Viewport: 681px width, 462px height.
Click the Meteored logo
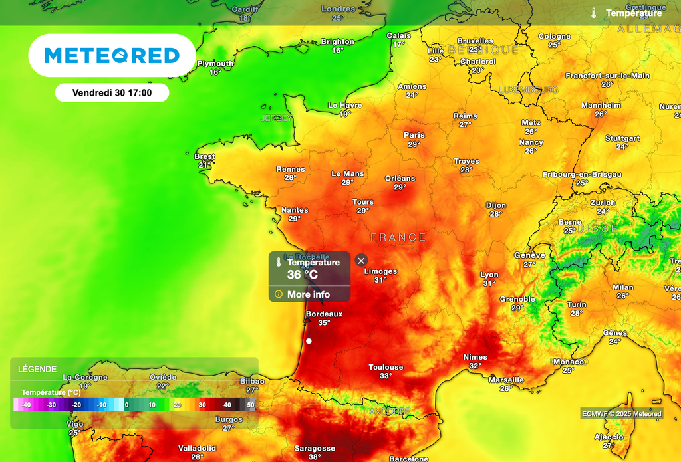pos(112,55)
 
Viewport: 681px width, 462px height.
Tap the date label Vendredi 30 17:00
pos(112,93)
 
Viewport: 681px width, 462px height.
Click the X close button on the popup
pos(361,260)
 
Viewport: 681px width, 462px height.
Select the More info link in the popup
pos(309,294)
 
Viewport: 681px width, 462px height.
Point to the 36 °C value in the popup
pos(303,275)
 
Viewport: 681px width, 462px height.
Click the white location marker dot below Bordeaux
pos(309,341)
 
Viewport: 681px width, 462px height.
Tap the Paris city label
pos(414,135)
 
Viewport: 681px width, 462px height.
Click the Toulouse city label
pos(386,367)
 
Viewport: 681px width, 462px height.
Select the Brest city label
pos(205,156)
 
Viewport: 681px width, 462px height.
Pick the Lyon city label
pos(489,275)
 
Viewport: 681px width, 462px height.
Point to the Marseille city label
pos(506,380)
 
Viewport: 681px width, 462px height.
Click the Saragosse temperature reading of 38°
pos(315,457)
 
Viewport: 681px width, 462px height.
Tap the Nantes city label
pos(295,210)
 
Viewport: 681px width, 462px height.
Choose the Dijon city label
pos(496,205)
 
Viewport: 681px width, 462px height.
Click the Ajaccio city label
pos(609,437)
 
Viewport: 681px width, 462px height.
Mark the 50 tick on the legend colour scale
pos(251,404)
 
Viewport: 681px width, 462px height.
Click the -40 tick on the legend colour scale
pos(26,404)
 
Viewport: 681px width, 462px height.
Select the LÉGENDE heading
pos(37,369)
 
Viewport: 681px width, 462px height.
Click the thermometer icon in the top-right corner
pos(593,13)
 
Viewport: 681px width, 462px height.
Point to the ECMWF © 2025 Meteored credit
pos(622,414)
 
